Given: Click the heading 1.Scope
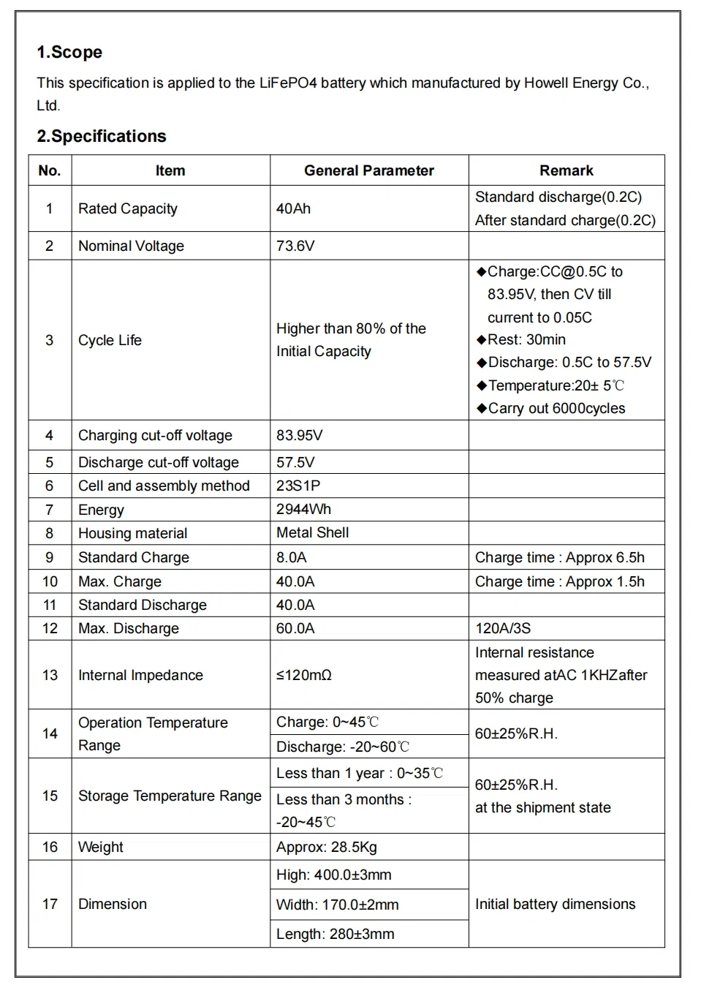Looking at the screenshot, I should pos(69,53).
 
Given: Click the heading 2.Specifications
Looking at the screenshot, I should pos(102,137).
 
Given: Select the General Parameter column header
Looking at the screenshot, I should pos(368,171).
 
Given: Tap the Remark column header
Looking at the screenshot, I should pos(566,171).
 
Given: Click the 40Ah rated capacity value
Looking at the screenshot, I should pos(293,209).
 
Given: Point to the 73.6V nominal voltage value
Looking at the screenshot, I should pos(295,246).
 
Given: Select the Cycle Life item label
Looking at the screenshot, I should pos(110,341).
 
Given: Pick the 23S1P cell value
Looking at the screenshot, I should pos(298,486).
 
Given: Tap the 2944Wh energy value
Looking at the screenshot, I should pos(303,510).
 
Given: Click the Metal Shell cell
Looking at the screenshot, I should pos(312,533).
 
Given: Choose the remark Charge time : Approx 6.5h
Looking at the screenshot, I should pos(559,558).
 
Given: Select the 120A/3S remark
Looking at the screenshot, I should pos(503,629).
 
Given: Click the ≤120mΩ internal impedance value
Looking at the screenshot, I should pos(303,676).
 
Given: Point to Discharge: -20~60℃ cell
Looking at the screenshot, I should pos(342,747).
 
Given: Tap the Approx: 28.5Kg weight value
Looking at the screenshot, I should pos(326,848).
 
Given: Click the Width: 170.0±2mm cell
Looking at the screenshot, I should pos(337,905).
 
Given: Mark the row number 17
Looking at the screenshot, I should pos(50,905).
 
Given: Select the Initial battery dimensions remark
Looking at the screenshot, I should pos(555,905).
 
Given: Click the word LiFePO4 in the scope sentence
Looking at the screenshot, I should pos(287,83).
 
